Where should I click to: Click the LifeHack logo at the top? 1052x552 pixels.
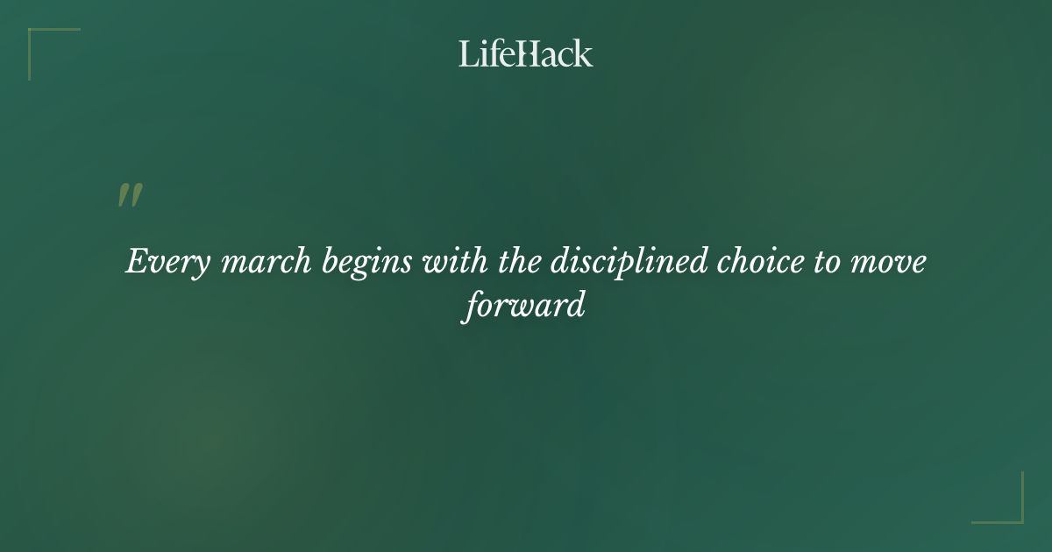coord(525,53)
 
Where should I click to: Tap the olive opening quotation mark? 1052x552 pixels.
coord(129,195)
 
